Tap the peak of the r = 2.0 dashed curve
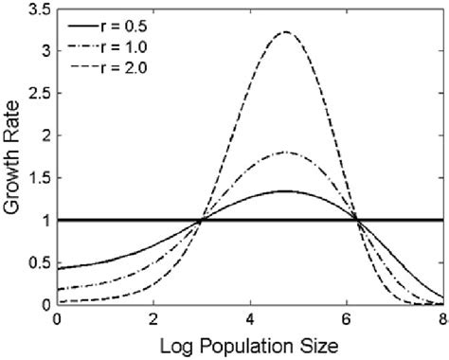[285, 32]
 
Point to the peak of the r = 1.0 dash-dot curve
[285, 152]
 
